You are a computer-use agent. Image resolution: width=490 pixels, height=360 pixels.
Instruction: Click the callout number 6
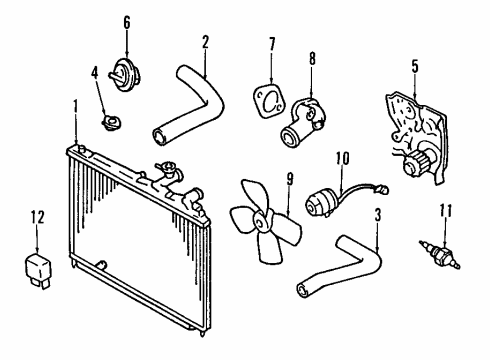point(127,23)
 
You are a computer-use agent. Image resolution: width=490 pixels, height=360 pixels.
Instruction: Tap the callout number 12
point(38,217)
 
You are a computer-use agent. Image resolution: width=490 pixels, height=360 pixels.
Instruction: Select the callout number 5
point(415,66)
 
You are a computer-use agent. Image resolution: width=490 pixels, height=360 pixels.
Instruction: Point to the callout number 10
point(342,159)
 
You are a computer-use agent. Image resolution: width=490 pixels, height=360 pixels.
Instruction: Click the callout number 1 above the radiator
point(76,107)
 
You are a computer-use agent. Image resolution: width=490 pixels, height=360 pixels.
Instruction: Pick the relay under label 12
point(38,270)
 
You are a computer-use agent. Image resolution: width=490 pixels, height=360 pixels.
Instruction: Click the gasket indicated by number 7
point(269,101)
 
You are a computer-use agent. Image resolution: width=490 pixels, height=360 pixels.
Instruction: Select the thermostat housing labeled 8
point(302,121)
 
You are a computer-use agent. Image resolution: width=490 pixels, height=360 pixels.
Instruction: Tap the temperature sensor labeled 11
point(440,254)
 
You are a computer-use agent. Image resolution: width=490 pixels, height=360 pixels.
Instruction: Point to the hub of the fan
point(261,222)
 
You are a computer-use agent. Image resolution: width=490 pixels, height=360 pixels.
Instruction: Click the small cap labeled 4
point(111,122)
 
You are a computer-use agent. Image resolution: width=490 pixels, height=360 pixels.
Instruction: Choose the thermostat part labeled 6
point(125,75)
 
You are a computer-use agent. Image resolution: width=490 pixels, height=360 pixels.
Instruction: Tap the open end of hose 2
point(160,137)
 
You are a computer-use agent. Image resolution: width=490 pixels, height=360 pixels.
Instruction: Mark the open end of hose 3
point(303,289)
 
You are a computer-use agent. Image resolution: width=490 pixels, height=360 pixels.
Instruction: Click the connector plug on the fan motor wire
point(382,190)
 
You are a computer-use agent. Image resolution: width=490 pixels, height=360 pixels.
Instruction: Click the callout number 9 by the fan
point(290,180)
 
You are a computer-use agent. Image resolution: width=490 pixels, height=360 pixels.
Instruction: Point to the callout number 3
point(378,215)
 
